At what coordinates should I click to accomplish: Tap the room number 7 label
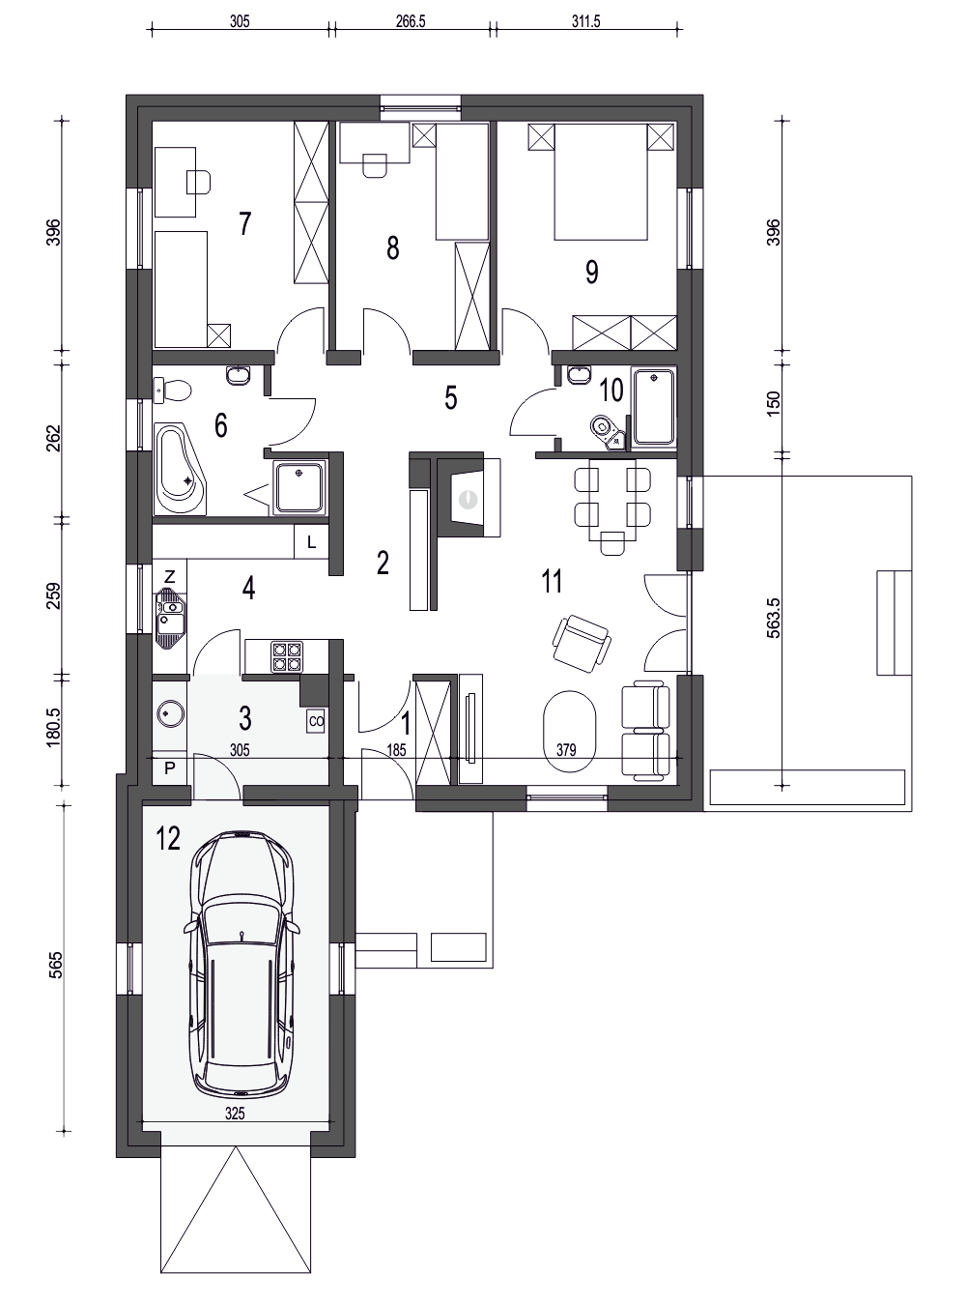point(244,224)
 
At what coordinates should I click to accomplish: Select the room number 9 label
point(591,272)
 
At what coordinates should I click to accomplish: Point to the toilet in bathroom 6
point(175,391)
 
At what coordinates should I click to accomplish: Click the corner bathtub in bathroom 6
point(180,470)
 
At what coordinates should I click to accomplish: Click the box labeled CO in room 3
point(315,721)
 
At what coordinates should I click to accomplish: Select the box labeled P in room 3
point(170,768)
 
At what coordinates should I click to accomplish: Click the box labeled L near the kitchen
point(311,542)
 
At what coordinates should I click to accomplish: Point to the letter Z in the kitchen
point(169,576)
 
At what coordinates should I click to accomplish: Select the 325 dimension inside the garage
point(235,1114)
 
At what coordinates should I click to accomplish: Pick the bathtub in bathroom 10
point(653,407)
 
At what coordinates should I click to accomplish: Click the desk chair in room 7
point(198,181)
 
